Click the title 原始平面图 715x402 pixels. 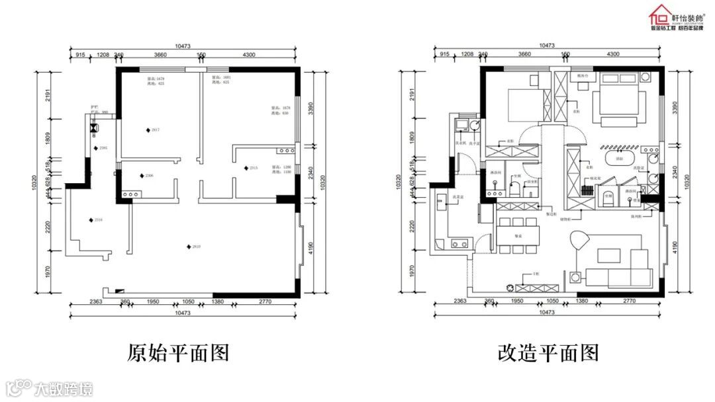click(178, 352)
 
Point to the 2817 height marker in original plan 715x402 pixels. click(148, 130)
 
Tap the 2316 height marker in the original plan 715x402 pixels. click(91, 220)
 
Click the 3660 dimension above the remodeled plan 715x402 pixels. click(525, 54)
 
